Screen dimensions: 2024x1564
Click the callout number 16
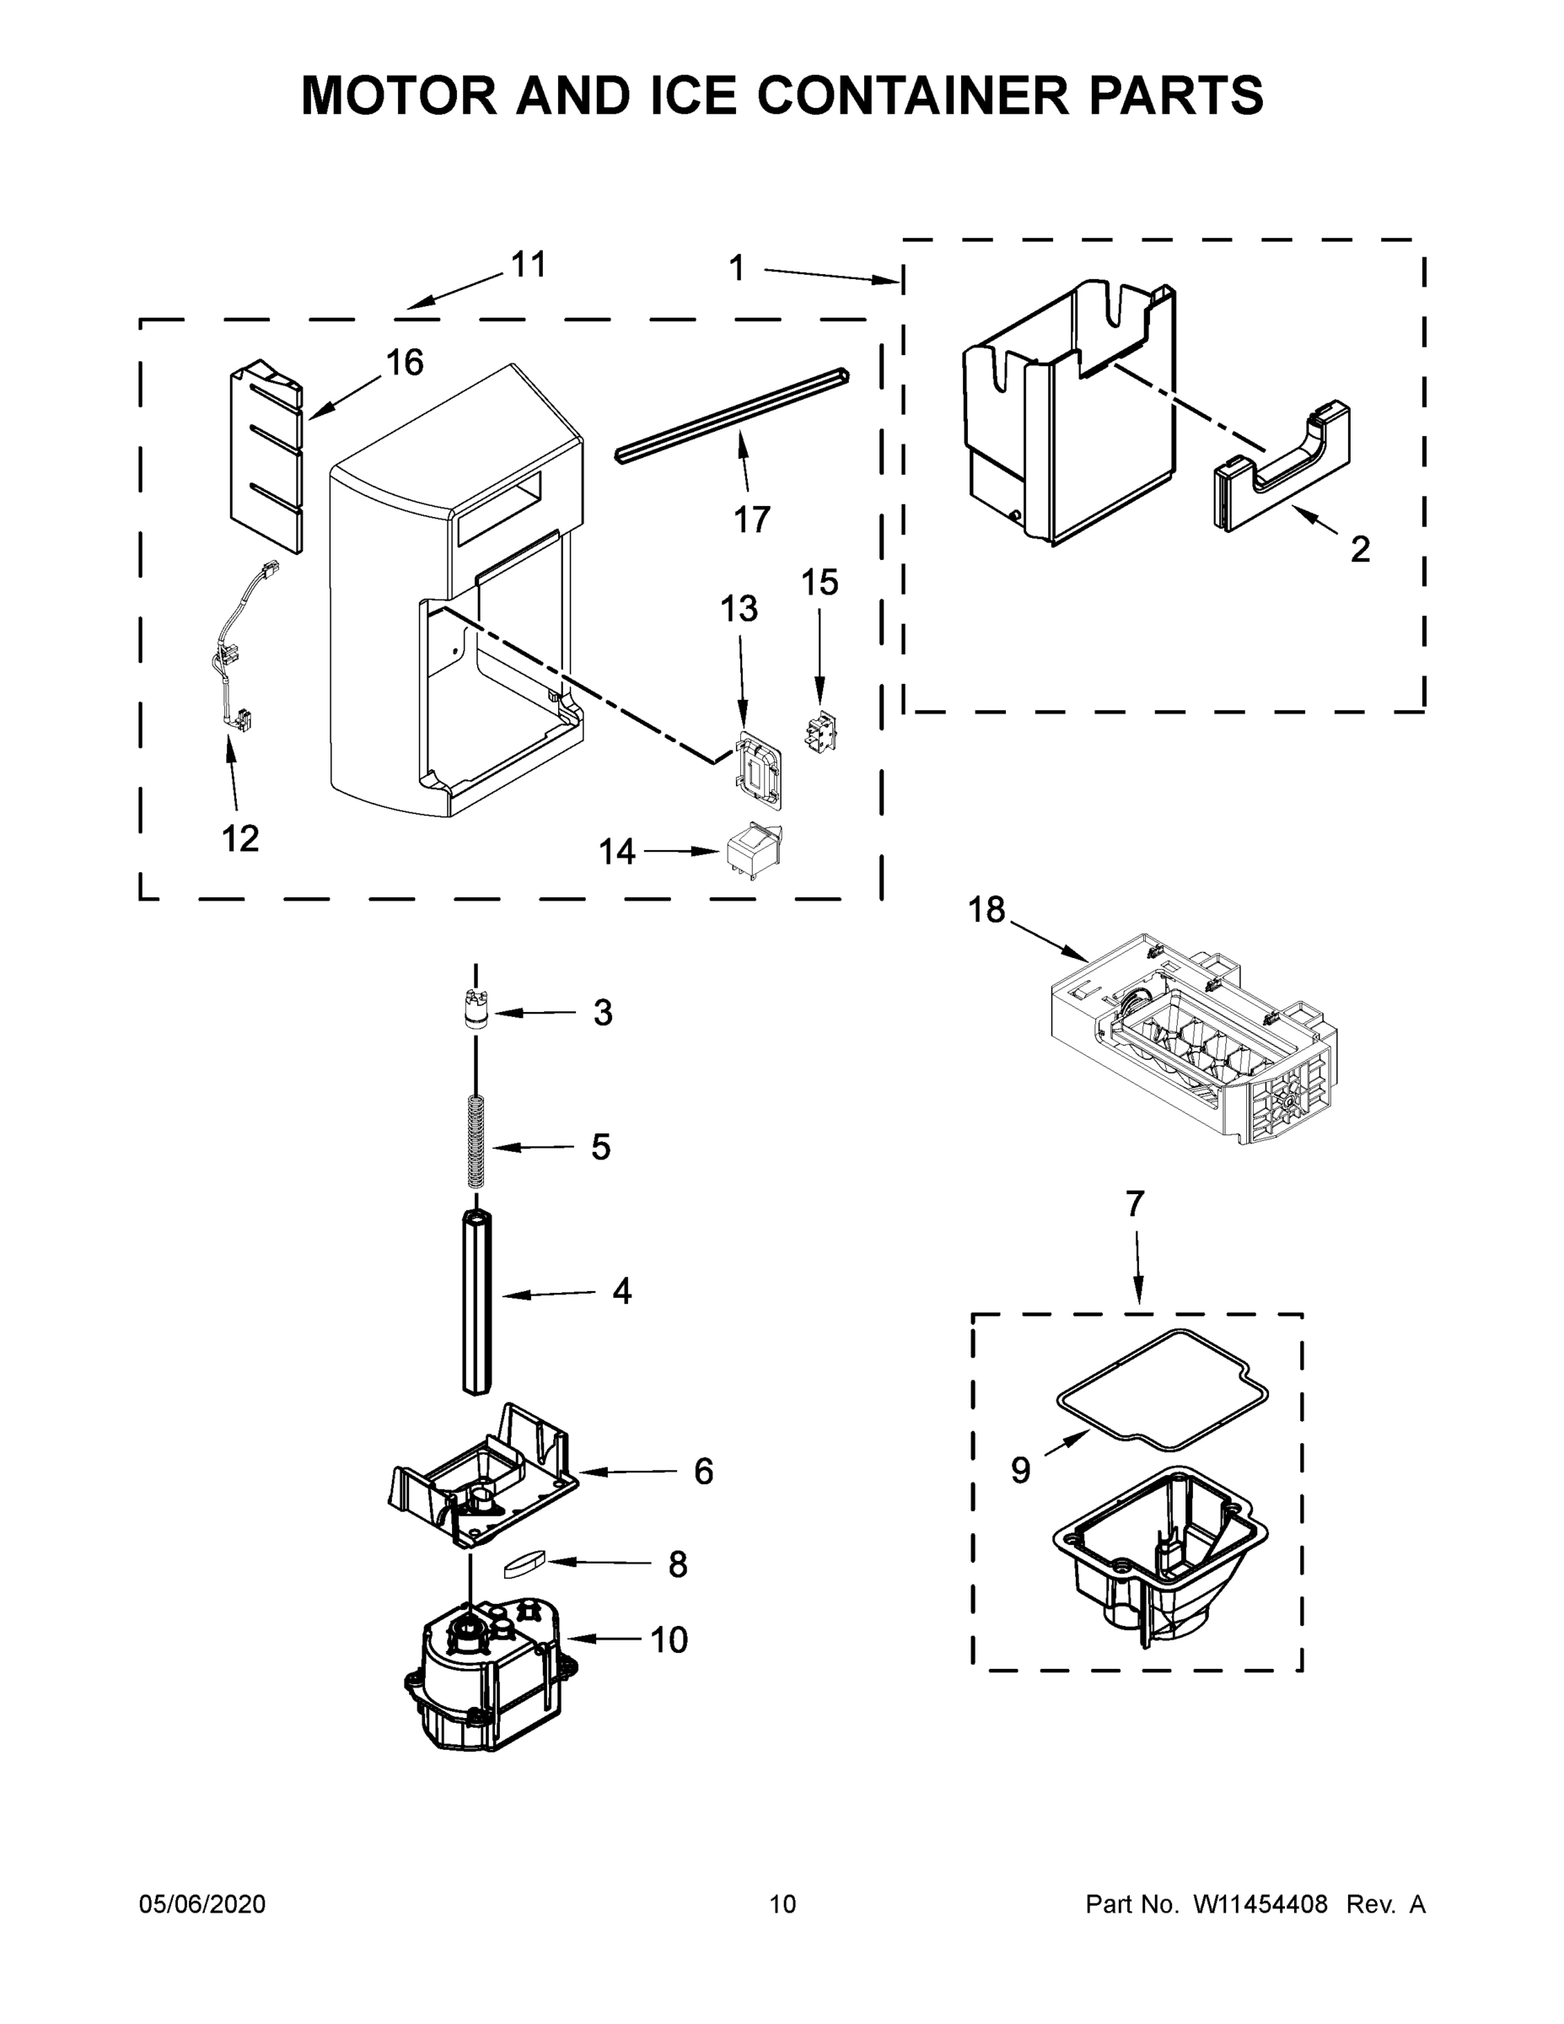405,363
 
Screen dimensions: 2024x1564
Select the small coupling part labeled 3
476,1009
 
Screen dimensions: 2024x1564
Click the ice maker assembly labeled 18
1196,1042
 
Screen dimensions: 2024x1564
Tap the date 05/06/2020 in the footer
202,1904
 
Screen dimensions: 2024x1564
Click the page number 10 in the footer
783,1904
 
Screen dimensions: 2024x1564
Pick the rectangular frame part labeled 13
757,766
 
